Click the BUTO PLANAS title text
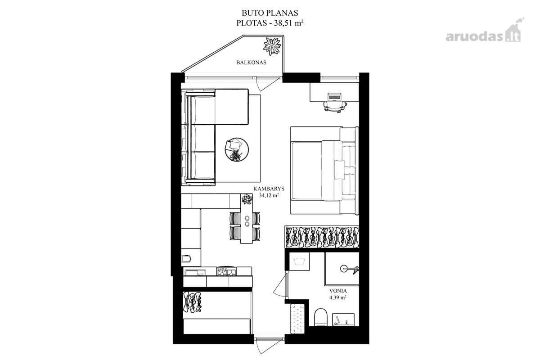(270, 13)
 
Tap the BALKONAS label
(251, 63)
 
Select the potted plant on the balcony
(272, 46)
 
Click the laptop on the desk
(334, 96)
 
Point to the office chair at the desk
(335, 107)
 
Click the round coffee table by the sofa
(237, 149)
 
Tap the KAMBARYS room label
(269, 189)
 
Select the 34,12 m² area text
(269, 195)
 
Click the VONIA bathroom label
(338, 291)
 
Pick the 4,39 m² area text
(338, 297)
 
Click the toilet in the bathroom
(320, 317)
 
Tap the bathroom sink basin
(343, 319)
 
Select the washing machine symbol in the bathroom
(299, 261)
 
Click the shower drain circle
(343, 268)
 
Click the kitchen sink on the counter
(195, 272)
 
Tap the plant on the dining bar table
(247, 199)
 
